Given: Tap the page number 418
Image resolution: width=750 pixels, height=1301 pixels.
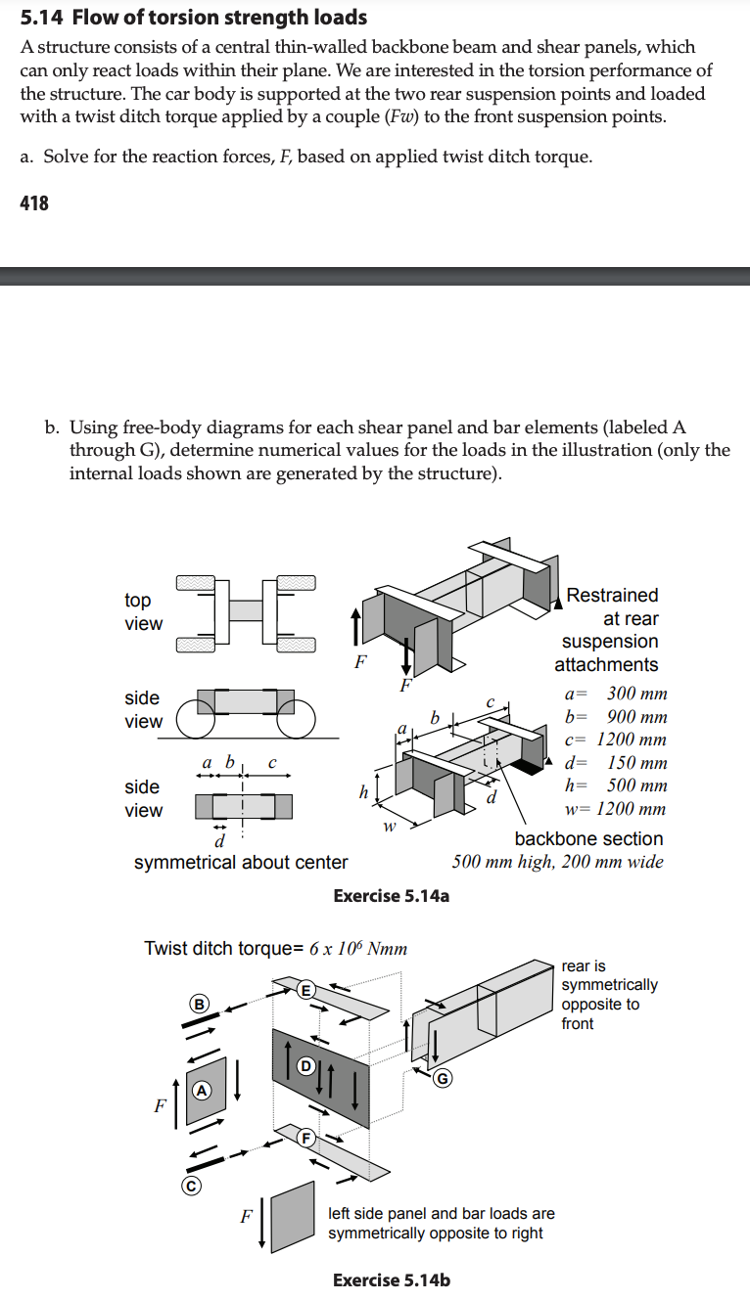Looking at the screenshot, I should (x=34, y=202).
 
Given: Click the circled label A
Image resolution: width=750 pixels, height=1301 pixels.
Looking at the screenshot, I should (x=202, y=1089).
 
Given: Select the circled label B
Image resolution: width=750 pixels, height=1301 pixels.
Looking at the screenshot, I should (x=200, y=1003).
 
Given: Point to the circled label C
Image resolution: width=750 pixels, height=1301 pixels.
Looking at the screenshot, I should (x=192, y=1187).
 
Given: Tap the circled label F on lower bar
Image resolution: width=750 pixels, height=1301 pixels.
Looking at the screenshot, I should (x=305, y=1138).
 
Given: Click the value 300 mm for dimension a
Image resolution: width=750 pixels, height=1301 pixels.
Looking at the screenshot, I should (x=636, y=694).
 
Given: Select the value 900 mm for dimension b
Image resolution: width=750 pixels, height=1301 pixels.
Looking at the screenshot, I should (x=636, y=717).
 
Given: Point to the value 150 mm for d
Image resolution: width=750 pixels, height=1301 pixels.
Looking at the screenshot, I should (x=636, y=763).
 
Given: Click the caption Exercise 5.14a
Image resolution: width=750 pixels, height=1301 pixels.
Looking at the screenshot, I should (x=392, y=896).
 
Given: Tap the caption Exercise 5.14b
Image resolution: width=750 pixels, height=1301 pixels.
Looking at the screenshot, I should (x=392, y=1279).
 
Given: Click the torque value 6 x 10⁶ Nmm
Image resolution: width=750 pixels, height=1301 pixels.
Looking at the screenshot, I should (x=358, y=948).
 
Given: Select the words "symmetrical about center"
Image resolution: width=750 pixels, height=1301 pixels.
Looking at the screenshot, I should (x=241, y=862).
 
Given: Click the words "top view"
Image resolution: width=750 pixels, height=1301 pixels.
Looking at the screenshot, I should (x=143, y=611).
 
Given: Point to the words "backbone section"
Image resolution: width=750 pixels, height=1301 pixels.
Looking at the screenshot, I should (x=588, y=838).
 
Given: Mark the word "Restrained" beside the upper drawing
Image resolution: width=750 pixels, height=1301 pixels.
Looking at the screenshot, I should (x=612, y=595).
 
